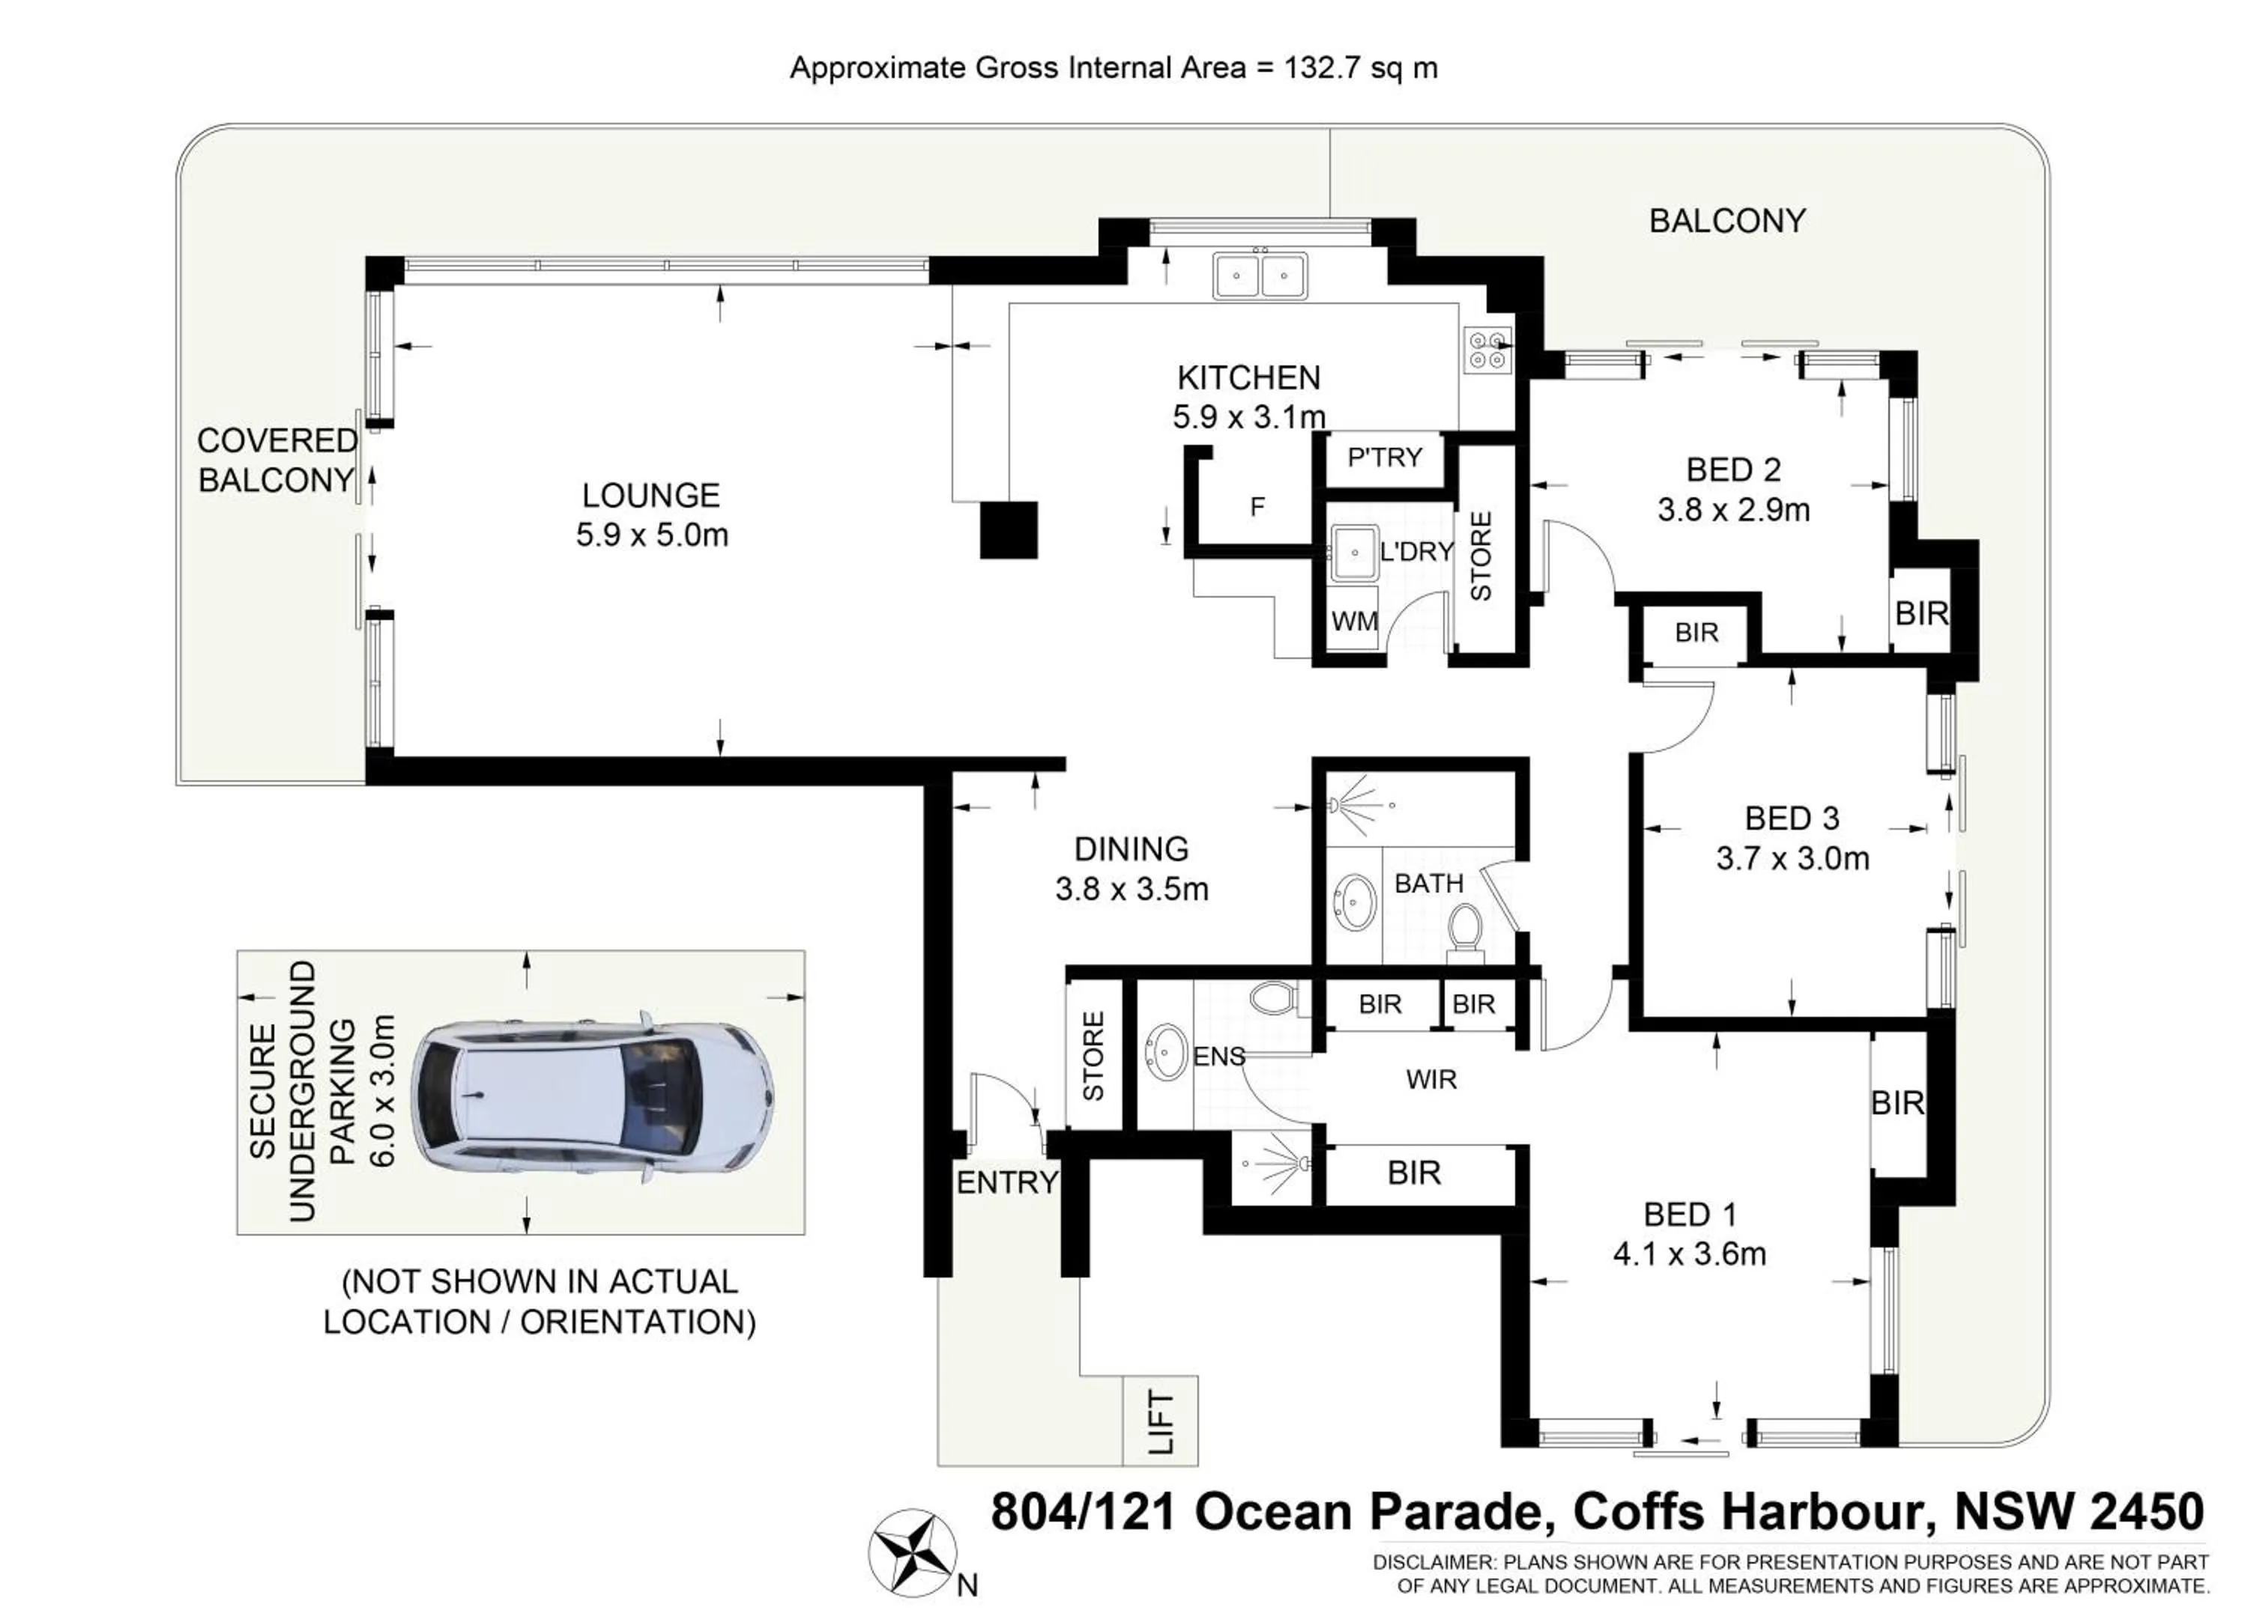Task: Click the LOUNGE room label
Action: click(650, 496)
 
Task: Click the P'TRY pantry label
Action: click(1385, 458)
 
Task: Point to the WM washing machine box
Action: click(1353, 622)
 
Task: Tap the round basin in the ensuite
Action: click(1167, 1052)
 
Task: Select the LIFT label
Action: click(1161, 1422)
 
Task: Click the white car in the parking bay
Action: click(592, 1094)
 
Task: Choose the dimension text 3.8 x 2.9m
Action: click(1733, 510)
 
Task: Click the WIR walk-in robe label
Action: click(1431, 1080)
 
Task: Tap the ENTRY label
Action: click(1006, 1182)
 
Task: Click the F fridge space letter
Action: click(1257, 507)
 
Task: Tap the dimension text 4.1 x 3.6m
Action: click(1689, 1254)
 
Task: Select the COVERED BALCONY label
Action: click(277, 460)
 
